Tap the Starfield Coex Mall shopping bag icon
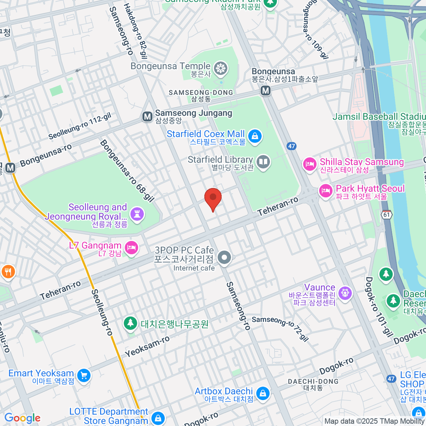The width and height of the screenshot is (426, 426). (x=255, y=136)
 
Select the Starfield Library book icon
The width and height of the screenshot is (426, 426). (x=263, y=162)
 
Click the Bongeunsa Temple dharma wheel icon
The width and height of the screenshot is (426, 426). (x=221, y=69)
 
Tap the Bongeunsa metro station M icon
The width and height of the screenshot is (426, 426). (x=266, y=91)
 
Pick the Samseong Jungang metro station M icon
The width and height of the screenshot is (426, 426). (x=147, y=116)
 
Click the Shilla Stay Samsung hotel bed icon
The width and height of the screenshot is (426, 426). (x=310, y=164)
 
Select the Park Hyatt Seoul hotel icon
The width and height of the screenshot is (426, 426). (x=326, y=191)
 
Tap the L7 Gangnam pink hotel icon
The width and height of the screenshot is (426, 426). (x=132, y=248)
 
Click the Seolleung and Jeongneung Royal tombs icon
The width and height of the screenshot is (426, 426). (x=137, y=214)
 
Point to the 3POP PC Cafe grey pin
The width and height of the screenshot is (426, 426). (x=224, y=258)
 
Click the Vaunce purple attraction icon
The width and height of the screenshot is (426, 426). (x=345, y=293)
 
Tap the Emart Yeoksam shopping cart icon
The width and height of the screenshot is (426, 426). (x=84, y=375)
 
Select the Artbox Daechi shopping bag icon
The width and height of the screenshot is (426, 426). (x=262, y=393)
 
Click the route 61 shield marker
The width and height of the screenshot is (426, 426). (x=387, y=215)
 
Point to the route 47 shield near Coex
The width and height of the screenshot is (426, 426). (x=291, y=146)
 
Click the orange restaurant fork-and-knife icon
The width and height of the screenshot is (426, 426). (x=8, y=272)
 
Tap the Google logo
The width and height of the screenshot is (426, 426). (x=22, y=418)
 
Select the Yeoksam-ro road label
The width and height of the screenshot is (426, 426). (x=147, y=346)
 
